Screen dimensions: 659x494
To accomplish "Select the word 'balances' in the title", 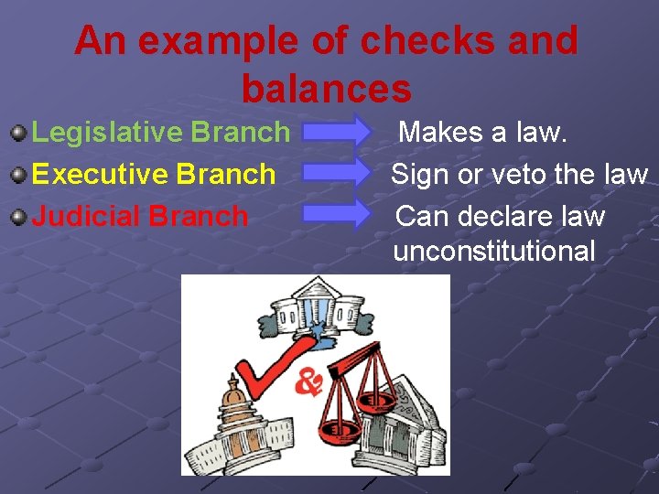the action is [326, 89].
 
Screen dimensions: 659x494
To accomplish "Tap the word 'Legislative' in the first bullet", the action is [107, 133].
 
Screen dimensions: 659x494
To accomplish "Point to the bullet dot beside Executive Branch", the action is [18, 175].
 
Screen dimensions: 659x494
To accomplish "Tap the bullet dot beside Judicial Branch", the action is [18, 217].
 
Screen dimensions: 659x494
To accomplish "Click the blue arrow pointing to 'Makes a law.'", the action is [336, 133].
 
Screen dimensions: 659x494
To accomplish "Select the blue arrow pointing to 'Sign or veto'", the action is [336, 173].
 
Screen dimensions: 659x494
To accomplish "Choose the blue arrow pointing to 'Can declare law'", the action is [336, 214].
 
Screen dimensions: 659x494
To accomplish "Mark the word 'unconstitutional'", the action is [494, 251].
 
